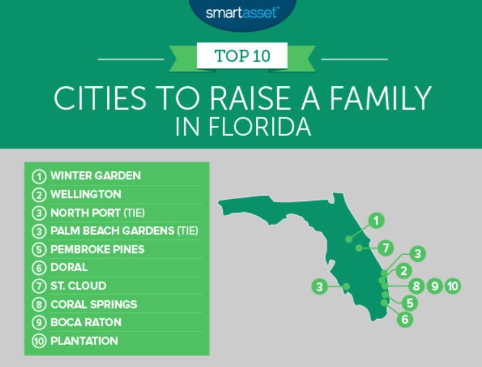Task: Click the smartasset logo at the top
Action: click(x=242, y=13)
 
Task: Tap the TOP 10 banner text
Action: click(x=242, y=56)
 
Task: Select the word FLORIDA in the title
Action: click(x=260, y=126)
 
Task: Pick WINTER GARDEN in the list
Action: click(x=96, y=176)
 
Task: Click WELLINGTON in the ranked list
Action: click(x=86, y=194)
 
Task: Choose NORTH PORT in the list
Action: click(x=86, y=213)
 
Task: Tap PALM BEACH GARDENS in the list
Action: click(x=113, y=231)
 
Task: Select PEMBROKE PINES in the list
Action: click(x=97, y=249)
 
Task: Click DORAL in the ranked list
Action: click(x=69, y=267)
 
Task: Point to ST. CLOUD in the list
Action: click(x=78, y=285)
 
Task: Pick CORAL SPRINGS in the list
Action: click(x=94, y=304)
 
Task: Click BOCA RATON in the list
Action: click(x=86, y=322)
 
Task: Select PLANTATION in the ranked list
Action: click(x=84, y=341)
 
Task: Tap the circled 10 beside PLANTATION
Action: click(x=39, y=341)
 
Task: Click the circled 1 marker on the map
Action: click(x=376, y=220)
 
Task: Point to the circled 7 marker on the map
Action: click(x=385, y=248)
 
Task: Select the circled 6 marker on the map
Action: click(x=405, y=319)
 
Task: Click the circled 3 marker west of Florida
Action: click(x=319, y=287)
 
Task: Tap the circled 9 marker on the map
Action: click(x=435, y=286)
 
